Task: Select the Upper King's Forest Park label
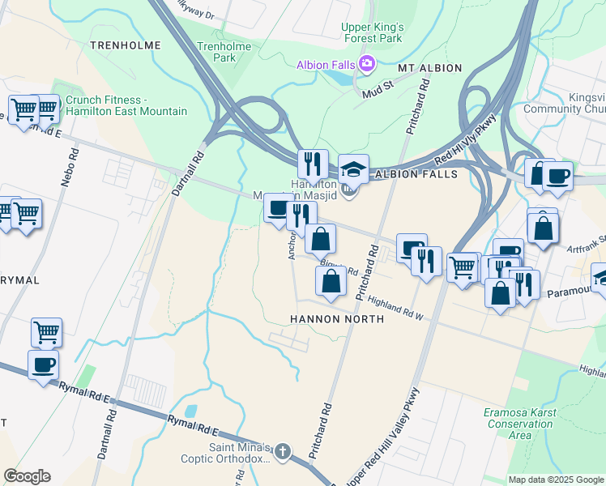point(372,32)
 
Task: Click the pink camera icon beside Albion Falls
point(367,63)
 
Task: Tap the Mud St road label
point(378,83)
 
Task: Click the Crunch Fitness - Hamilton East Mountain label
point(126,106)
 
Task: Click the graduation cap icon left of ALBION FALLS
point(353,169)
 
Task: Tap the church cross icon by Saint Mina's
point(282,450)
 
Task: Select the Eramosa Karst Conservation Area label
point(519,424)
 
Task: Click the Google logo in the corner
point(27,476)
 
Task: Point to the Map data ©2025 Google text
point(556,480)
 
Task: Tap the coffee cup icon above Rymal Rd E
point(44,364)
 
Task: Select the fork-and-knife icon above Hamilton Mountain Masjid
point(312,164)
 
